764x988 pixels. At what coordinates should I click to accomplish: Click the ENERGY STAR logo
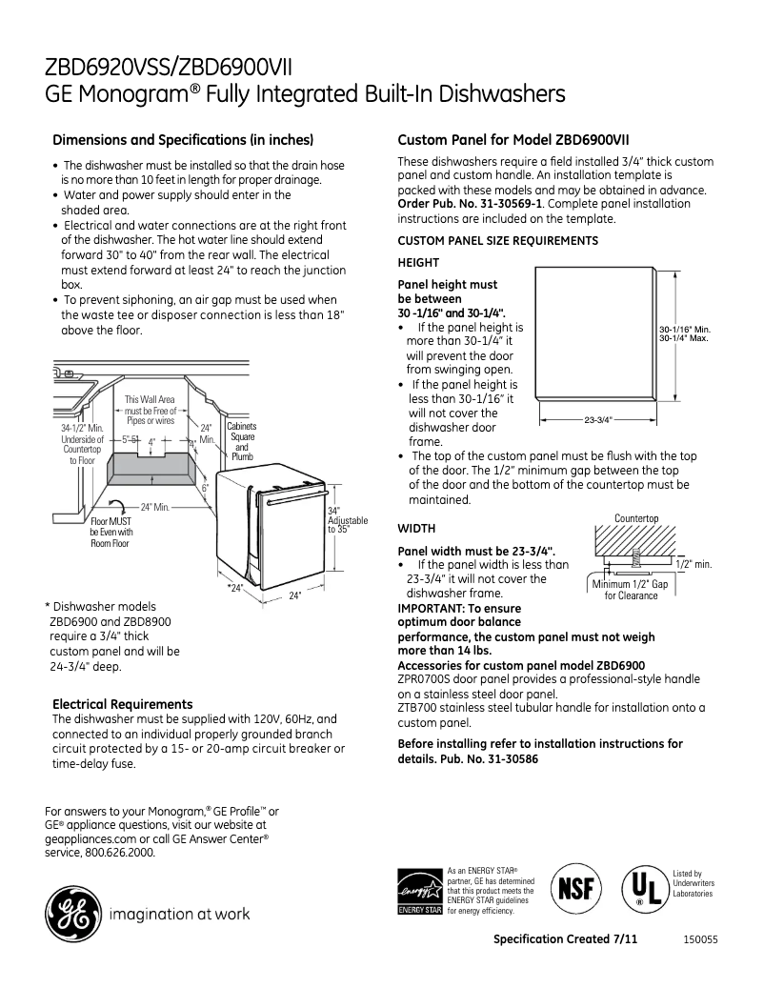[x=419, y=891]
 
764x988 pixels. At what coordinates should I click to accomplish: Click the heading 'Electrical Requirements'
[x=122, y=704]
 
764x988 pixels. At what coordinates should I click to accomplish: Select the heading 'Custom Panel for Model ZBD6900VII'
[x=513, y=139]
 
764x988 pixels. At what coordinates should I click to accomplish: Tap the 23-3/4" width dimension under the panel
[x=597, y=419]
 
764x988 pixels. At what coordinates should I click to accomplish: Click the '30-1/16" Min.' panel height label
[x=685, y=330]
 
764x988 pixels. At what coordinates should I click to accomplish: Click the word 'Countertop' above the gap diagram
[x=636, y=518]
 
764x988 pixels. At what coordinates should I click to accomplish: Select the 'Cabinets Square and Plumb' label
[x=242, y=441]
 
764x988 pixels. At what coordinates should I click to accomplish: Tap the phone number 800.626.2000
[x=117, y=853]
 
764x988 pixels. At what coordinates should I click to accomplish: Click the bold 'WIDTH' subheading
[x=417, y=528]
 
